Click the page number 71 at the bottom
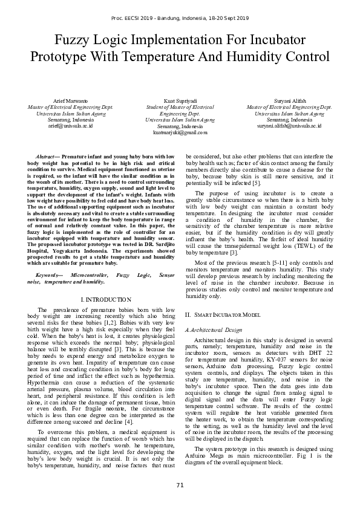pyautogui.click(x=180, y=485)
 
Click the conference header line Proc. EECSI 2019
pyautogui.click(x=180, y=19)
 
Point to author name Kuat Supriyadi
pyautogui.click(x=180, y=100)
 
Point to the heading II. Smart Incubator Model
pyautogui.click(x=222, y=316)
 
